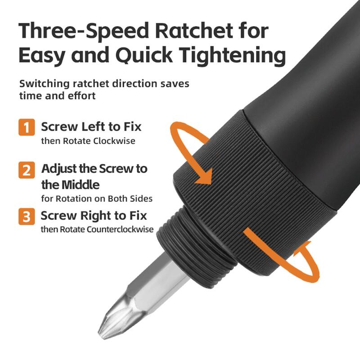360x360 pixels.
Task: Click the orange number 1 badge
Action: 27,127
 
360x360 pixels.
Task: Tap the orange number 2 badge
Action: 27,170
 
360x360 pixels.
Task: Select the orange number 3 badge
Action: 27,216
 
